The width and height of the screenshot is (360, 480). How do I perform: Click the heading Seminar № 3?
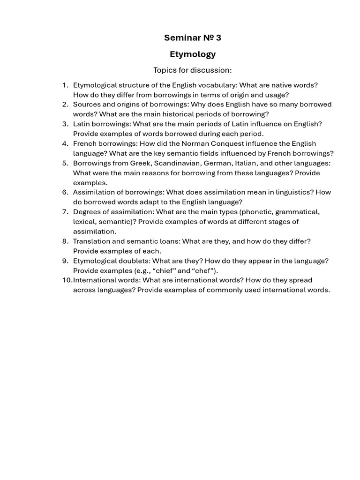click(x=193, y=37)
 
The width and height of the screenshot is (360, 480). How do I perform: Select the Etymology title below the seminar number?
click(x=193, y=54)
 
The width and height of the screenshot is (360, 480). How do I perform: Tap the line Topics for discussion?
click(x=193, y=70)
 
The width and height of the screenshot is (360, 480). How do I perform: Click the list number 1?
click(x=65, y=85)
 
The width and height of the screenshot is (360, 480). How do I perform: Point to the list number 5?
click(x=65, y=163)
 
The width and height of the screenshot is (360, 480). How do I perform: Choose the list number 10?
click(x=67, y=280)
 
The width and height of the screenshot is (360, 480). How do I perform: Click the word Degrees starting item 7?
click(x=87, y=212)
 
